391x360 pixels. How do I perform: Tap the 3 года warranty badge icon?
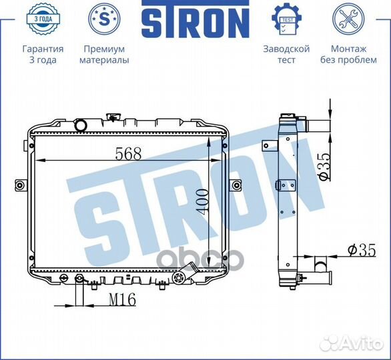click(42, 19)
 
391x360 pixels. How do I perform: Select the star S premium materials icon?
click(104, 19)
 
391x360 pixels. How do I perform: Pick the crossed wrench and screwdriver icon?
click(348, 19)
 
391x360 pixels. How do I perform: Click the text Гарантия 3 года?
click(43, 54)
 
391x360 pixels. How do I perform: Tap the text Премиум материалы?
click(104, 54)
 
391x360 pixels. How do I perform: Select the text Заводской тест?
click(286, 54)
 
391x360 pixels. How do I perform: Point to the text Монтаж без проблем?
click(348, 54)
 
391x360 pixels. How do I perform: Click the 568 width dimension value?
click(128, 153)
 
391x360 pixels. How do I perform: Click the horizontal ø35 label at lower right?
click(361, 251)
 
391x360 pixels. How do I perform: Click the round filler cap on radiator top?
click(81, 125)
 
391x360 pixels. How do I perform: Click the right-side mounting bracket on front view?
click(235, 185)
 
